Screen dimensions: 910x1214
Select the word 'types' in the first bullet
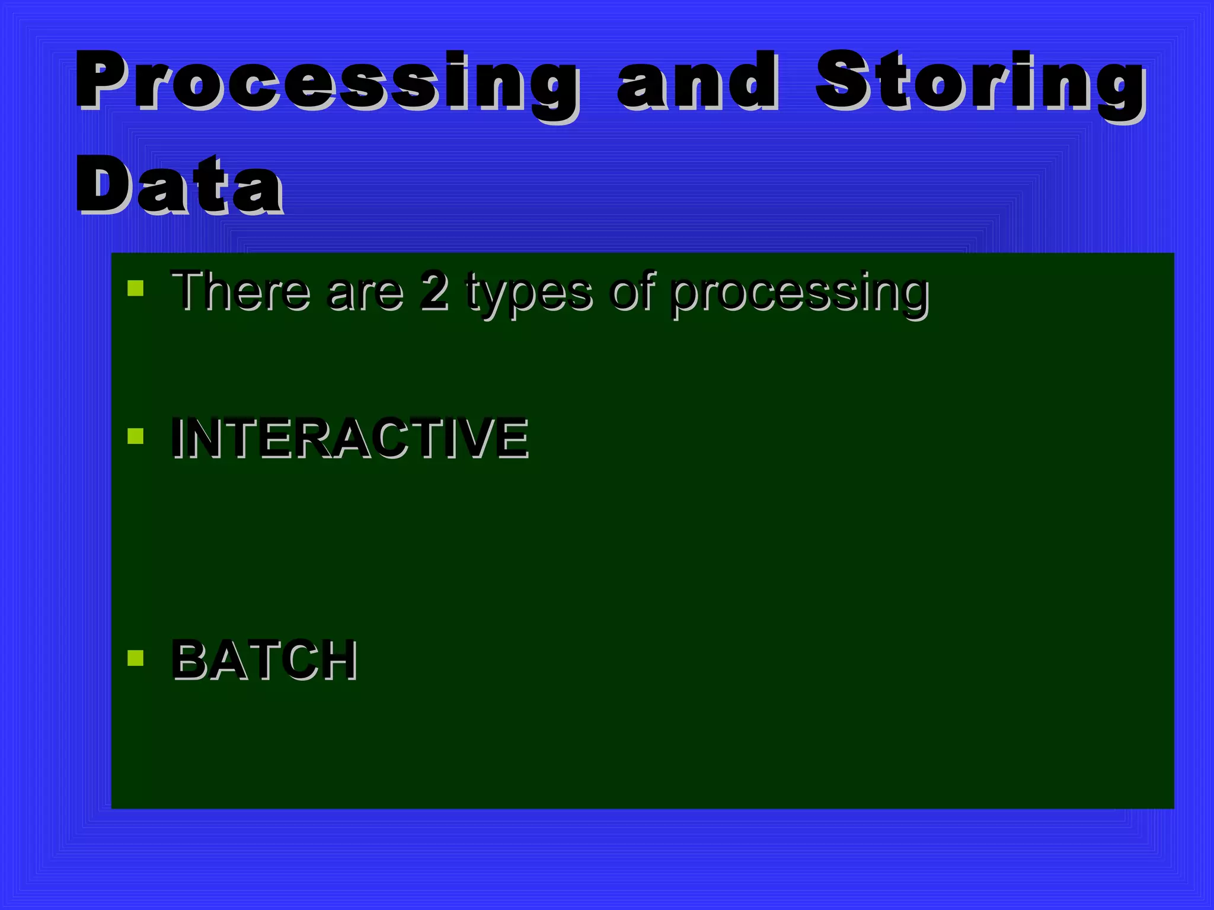click(528, 293)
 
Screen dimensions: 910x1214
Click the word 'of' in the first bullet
click(632, 290)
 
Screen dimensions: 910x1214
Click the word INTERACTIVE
click(350, 438)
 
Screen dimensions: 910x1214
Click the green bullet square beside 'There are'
click(136, 289)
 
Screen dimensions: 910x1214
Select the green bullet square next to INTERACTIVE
click(136, 437)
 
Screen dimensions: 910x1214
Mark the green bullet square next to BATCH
click(136, 658)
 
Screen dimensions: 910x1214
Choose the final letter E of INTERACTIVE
click(513, 438)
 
